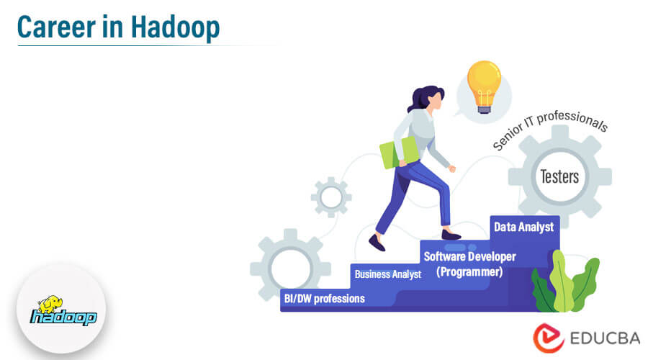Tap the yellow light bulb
(484, 85)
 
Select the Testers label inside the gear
(559, 176)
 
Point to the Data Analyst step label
(523, 227)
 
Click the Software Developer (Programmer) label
(469, 264)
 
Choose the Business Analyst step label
(387, 274)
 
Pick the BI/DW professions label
(323, 298)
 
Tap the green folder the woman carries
(399, 153)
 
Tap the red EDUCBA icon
(549, 338)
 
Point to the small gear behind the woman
(331, 196)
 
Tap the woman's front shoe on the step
(451, 235)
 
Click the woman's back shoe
(376, 243)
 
